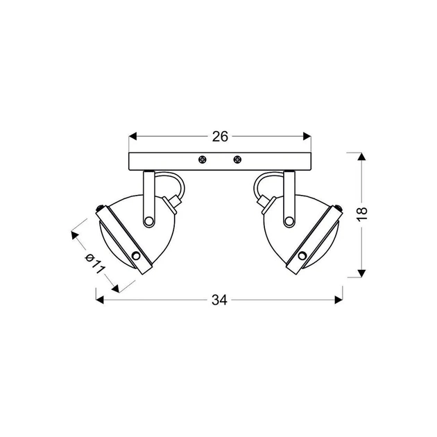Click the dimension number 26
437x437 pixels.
pos(220,137)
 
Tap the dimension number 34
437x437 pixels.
pos(219,300)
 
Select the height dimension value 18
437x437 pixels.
pos(362,214)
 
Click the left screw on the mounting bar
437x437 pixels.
pos(203,160)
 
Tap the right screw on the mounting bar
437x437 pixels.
pos(237,160)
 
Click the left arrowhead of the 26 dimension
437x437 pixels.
pos(133,137)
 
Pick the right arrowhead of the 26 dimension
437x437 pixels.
pos(307,137)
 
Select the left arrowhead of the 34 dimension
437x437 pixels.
pos(100,300)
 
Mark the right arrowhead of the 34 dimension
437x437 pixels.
pos(339,300)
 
